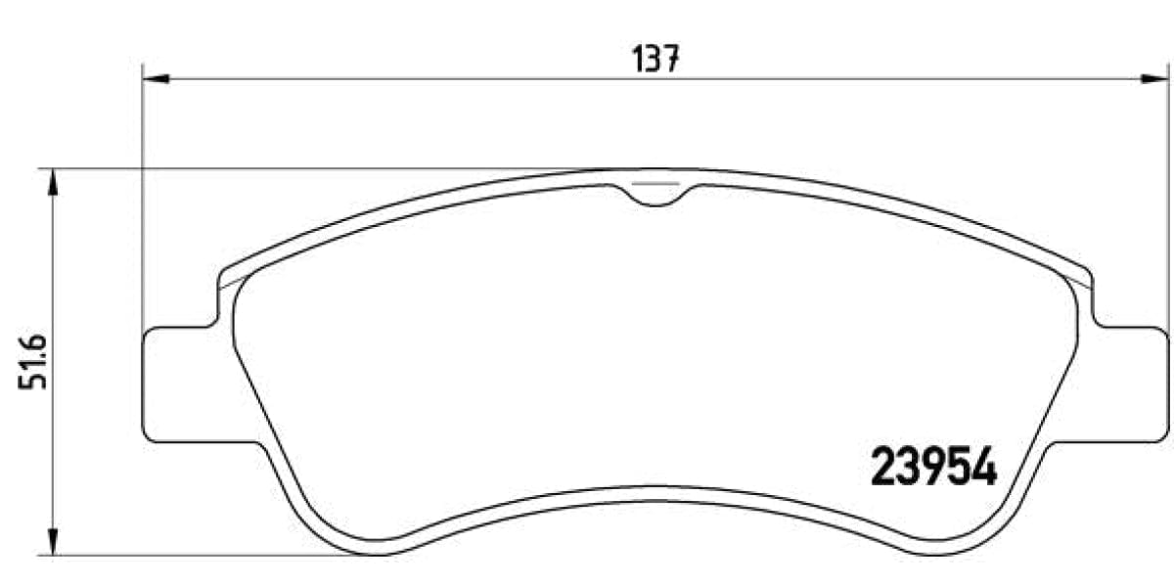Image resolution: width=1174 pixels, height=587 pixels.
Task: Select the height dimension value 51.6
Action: (x=28, y=363)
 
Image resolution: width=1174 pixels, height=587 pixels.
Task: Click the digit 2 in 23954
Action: (x=883, y=467)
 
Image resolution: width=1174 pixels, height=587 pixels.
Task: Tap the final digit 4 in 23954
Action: (x=982, y=467)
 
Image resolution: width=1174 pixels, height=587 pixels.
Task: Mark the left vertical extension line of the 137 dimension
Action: (x=143, y=196)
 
